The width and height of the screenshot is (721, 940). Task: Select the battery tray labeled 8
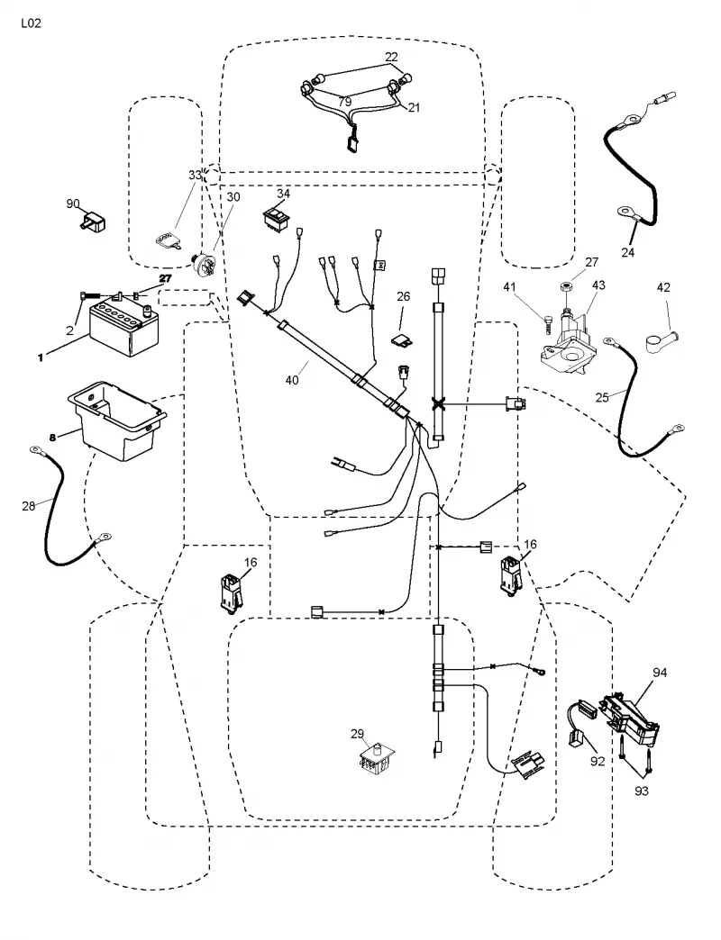click(x=117, y=419)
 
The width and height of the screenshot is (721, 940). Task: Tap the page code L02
click(x=31, y=24)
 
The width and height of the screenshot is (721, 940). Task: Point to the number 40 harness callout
click(x=291, y=380)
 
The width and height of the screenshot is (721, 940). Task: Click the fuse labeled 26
click(x=403, y=340)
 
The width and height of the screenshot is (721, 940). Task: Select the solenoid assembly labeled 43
click(x=568, y=344)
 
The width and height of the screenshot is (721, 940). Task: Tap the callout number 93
click(x=641, y=791)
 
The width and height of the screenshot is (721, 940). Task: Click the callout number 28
click(x=28, y=507)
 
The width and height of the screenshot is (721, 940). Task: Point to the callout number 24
click(x=627, y=253)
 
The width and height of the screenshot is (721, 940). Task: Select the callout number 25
click(x=602, y=397)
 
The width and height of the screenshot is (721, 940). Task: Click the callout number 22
click(x=391, y=57)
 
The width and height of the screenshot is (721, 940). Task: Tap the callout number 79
click(x=344, y=102)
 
